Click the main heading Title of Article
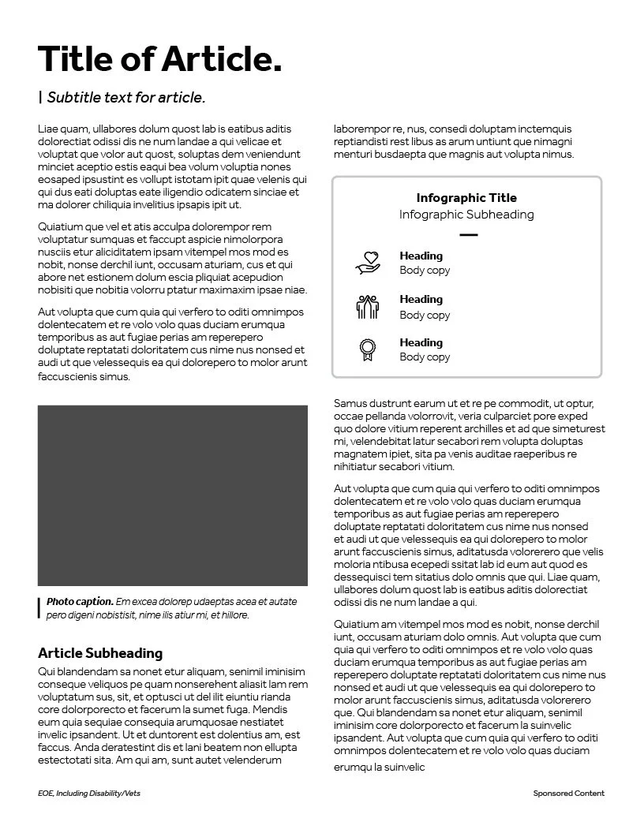click(159, 59)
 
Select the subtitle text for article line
click(126, 98)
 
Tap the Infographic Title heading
click(466, 198)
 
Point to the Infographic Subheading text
click(466, 215)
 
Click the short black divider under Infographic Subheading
click(468, 235)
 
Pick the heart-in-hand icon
click(368, 263)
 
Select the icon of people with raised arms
click(368, 306)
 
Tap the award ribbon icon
click(367, 349)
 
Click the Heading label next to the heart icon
click(421, 256)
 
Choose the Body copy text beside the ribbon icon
click(425, 357)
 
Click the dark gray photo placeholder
click(173, 495)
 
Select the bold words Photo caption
click(80, 601)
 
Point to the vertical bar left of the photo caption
click(39, 607)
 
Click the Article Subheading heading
click(100, 653)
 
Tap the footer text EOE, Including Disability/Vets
click(88, 793)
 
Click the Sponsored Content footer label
click(568, 793)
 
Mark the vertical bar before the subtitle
click(40, 97)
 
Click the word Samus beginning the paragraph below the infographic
click(350, 404)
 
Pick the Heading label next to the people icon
click(421, 299)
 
